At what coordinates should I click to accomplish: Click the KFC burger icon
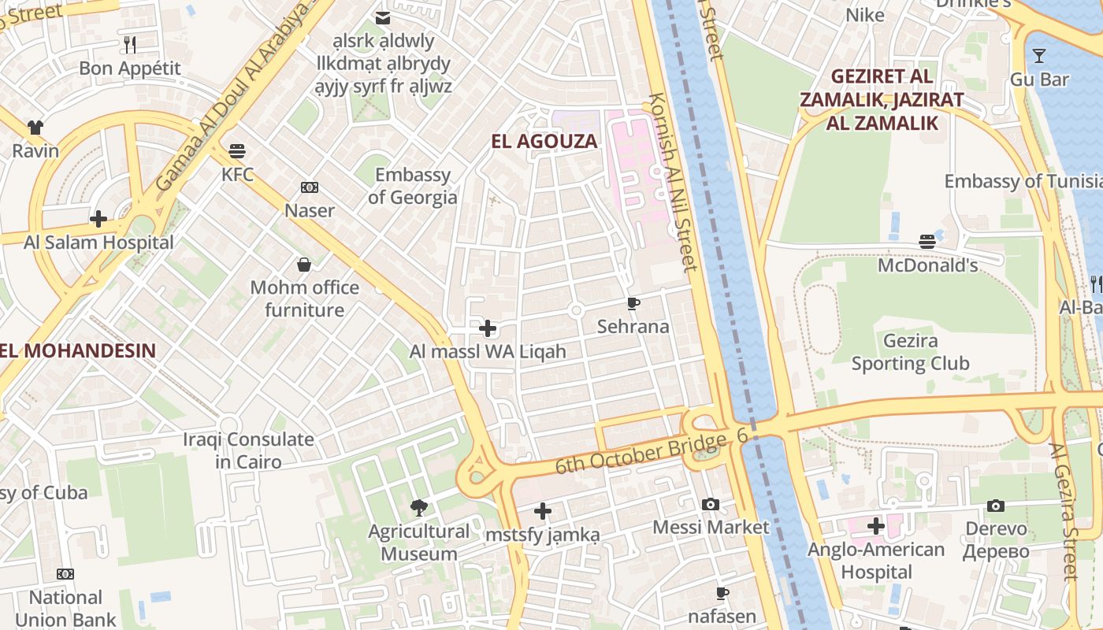click(x=237, y=150)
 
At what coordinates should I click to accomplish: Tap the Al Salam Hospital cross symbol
click(x=98, y=219)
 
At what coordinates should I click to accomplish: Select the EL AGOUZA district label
click(x=544, y=142)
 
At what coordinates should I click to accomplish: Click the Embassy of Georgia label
click(x=412, y=186)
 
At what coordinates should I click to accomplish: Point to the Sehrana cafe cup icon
click(x=633, y=303)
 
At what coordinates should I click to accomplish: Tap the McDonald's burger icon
click(x=927, y=242)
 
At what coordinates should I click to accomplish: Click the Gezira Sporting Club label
click(x=910, y=352)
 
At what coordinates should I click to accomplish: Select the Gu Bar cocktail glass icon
click(x=1039, y=56)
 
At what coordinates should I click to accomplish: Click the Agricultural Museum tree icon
click(x=419, y=508)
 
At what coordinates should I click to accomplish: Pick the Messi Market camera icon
click(x=710, y=504)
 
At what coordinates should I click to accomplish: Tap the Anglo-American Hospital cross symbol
click(x=876, y=526)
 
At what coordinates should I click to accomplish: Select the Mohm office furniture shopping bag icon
click(x=304, y=265)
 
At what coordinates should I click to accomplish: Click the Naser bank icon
click(x=310, y=187)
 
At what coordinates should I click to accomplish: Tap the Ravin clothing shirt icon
click(x=35, y=128)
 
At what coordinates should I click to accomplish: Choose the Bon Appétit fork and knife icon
click(x=130, y=45)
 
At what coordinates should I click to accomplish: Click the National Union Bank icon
click(x=65, y=574)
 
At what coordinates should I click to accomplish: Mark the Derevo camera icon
click(x=996, y=506)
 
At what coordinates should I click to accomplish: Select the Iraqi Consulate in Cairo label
click(x=248, y=450)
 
